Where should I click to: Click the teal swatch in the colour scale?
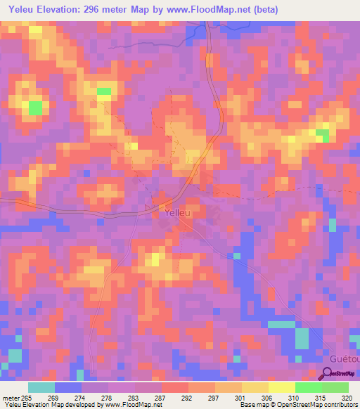click(41, 387)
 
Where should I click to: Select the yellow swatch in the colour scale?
click(282, 387)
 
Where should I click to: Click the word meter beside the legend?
click(11, 398)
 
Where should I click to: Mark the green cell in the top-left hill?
click(34, 108)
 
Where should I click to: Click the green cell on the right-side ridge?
click(322, 133)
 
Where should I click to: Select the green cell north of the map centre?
click(104, 91)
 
